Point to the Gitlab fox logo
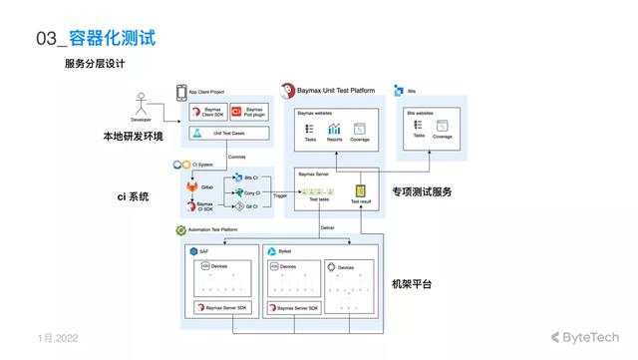click(192, 186)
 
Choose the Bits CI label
click(249, 177)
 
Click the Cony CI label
click(249, 191)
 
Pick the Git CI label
click(249, 206)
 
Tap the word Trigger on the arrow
click(279, 196)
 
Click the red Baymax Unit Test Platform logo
click(289, 90)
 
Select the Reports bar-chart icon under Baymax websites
click(335, 129)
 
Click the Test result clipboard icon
click(360, 190)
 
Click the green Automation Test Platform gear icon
click(181, 229)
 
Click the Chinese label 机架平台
click(412, 283)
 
